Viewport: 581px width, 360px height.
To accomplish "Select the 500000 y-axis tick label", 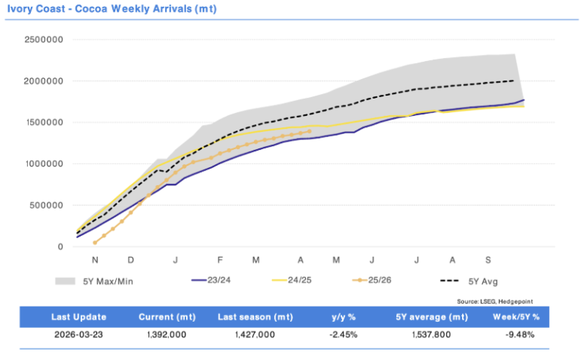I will click(x=48, y=205).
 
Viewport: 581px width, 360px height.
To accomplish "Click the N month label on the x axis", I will click(x=96, y=260).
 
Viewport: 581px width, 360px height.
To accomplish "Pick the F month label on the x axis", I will click(x=220, y=260).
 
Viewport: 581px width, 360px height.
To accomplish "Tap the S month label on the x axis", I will click(x=488, y=260).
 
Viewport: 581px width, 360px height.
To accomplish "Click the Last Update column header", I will click(x=78, y=316).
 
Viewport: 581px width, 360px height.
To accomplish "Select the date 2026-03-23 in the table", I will click(x=78, y=335).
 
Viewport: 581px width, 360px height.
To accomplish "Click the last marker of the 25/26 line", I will click(x=310, y=131).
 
